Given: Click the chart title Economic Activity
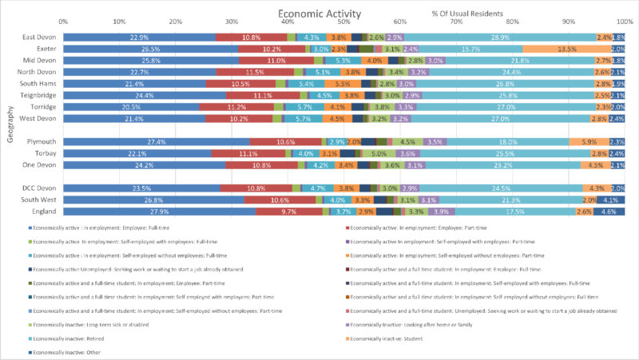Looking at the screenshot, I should pyautogui.click(x=319, y=14).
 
